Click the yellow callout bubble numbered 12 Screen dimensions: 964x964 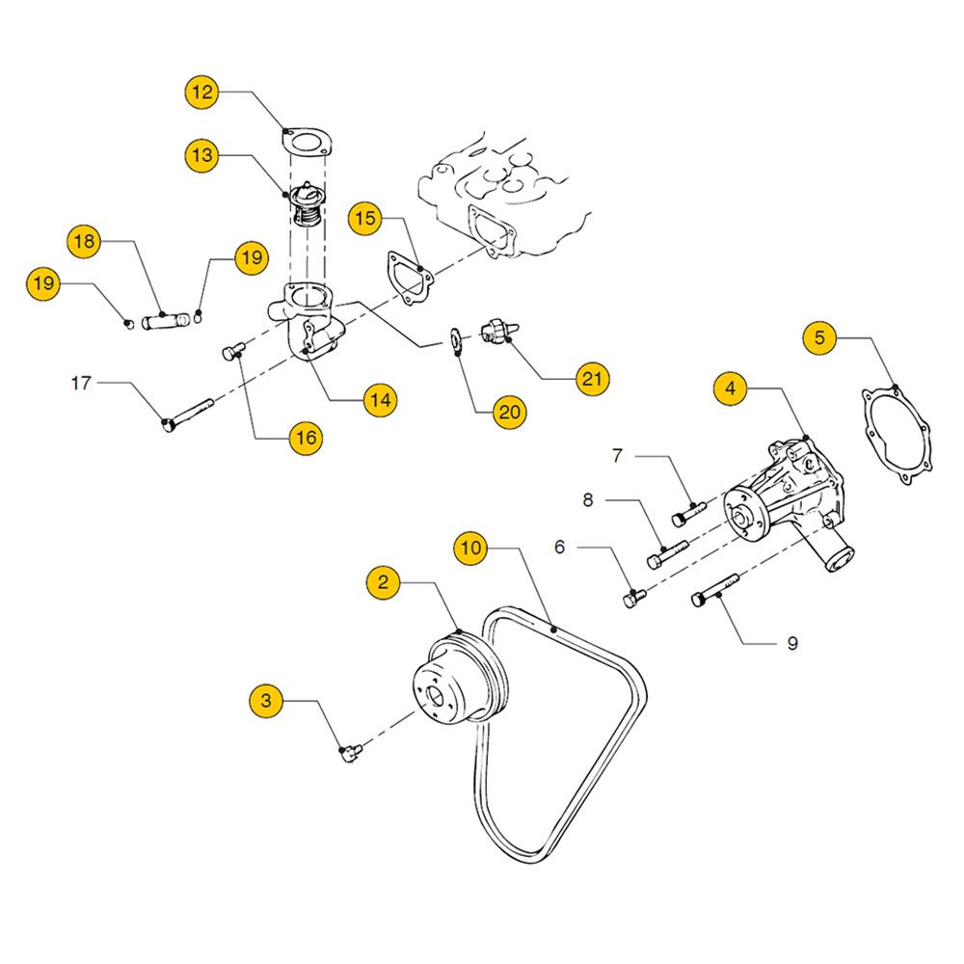tap(202, 94)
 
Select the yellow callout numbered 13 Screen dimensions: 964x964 tap(202, 154)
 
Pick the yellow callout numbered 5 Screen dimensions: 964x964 tap(820, 337)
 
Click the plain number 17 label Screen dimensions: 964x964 tap(81, 384)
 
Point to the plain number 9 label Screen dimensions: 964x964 tap(792, 643)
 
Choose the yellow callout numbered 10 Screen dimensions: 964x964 tap(471, 549)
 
